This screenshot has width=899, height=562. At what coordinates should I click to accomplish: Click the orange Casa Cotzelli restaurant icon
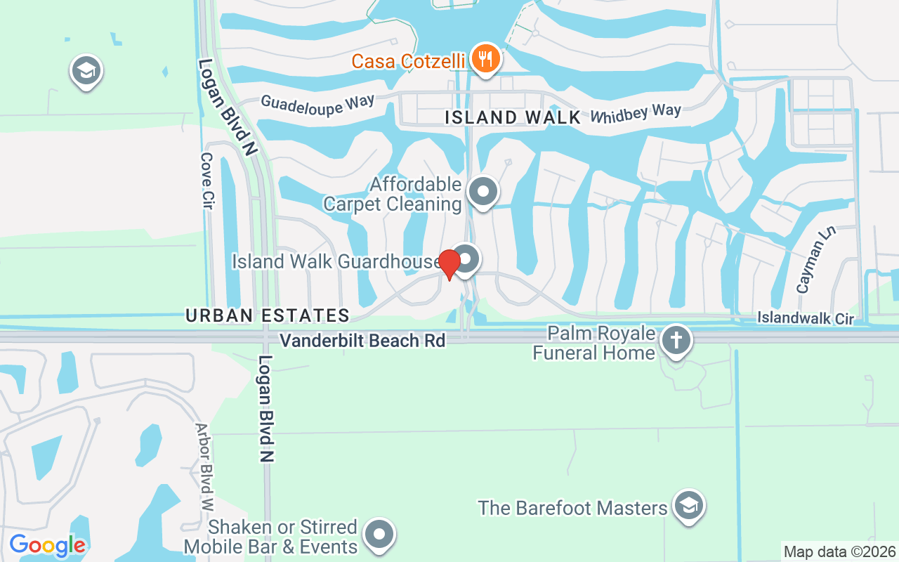coord(485,58)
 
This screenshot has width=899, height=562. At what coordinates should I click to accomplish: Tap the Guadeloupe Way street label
coord(317,103)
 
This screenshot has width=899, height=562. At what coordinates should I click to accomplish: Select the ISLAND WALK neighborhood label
coord(513,117)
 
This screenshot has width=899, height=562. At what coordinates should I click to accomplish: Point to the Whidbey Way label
coord(636,113)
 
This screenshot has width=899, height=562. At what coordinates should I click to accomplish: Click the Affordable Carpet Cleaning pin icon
coord(483,191)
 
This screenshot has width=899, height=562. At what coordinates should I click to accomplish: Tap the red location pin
coord(449,263)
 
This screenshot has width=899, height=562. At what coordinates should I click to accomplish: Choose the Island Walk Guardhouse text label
coord(336,261)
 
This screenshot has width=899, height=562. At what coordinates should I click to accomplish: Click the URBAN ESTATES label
coord(268,315)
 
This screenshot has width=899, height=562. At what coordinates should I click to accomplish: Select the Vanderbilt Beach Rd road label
coord(362,341)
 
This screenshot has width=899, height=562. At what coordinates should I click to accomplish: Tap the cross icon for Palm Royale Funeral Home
coord(676,341)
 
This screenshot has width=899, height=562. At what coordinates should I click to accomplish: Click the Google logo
coord(48,545)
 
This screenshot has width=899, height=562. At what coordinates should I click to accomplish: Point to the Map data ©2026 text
coord(839,552)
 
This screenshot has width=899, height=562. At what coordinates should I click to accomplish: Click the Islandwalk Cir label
coord(805,319)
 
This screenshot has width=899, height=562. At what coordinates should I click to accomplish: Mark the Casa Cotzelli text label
coord(409,62)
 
